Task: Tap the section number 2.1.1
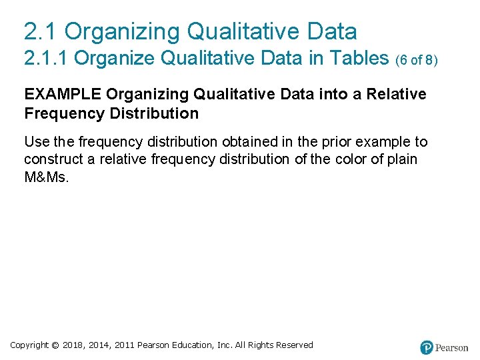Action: point(46,59)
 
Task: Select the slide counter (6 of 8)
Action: point(417,60)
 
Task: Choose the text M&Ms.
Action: point(46,177)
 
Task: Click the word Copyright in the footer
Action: point(29,345)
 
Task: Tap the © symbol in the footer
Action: point(55,345)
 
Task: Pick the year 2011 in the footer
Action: point(125,345)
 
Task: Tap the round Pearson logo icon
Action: point(427,347)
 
